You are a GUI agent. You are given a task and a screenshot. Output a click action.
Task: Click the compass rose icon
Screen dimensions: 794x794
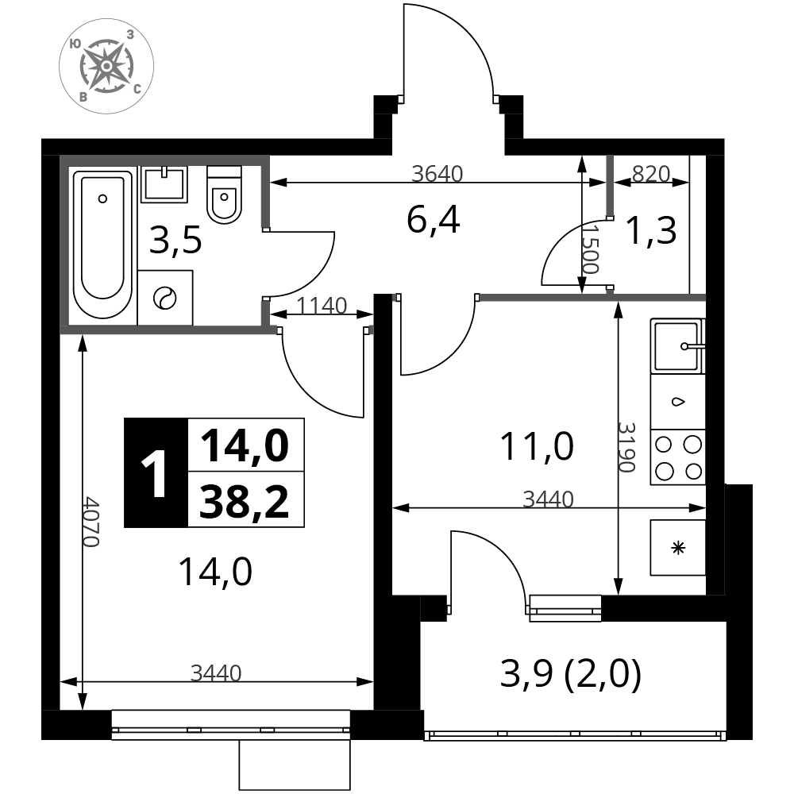coord(106,67)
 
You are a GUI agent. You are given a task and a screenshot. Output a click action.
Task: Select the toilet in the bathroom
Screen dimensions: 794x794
coord(224,194)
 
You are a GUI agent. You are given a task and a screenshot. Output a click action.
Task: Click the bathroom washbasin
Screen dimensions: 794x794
coord(164,184)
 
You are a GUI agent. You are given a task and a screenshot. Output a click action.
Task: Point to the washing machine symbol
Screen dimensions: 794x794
coord(165,298)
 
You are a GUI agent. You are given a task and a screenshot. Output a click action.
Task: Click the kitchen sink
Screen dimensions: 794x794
coord(677,346)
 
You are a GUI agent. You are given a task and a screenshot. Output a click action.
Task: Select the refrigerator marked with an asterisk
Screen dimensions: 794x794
coord(678,547)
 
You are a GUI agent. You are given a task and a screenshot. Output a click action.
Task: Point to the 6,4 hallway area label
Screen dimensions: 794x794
coord(434,221)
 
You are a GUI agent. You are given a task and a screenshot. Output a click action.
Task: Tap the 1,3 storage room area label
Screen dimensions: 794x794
coord(651,230)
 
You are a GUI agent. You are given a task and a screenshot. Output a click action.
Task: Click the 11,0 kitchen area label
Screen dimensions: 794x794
coord(537,446)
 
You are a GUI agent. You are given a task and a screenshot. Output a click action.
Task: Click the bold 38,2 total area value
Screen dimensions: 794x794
coord(245,501)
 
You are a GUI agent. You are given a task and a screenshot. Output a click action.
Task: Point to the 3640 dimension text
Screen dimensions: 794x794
coord(437,174)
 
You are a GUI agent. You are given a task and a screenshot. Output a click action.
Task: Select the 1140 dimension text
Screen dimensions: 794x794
coord(322,306)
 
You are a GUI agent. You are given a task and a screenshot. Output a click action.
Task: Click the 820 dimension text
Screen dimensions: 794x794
coord(651,174)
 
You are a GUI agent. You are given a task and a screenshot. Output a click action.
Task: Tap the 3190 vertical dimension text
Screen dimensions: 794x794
coord(626,447)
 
